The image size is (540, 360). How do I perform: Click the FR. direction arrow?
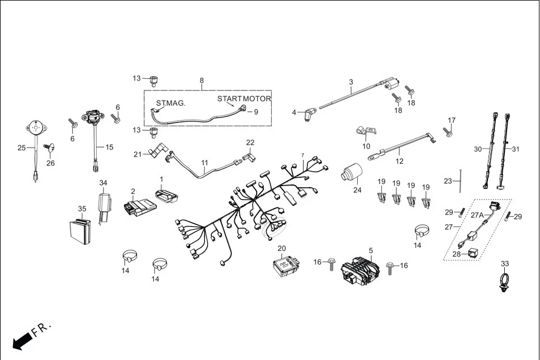point(22,339)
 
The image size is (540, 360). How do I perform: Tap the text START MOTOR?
point(244,99)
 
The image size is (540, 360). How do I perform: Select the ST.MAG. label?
point(170,103)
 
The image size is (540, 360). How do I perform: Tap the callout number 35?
point(82,209)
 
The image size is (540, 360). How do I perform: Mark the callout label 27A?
point(477,215)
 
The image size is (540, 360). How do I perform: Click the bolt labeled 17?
point(447,132)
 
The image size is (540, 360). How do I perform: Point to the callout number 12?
point(399,161)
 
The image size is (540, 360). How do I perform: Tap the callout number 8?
point(202,80)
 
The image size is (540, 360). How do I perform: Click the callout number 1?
point(161,179)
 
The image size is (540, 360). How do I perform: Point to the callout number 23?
point(448,181)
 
